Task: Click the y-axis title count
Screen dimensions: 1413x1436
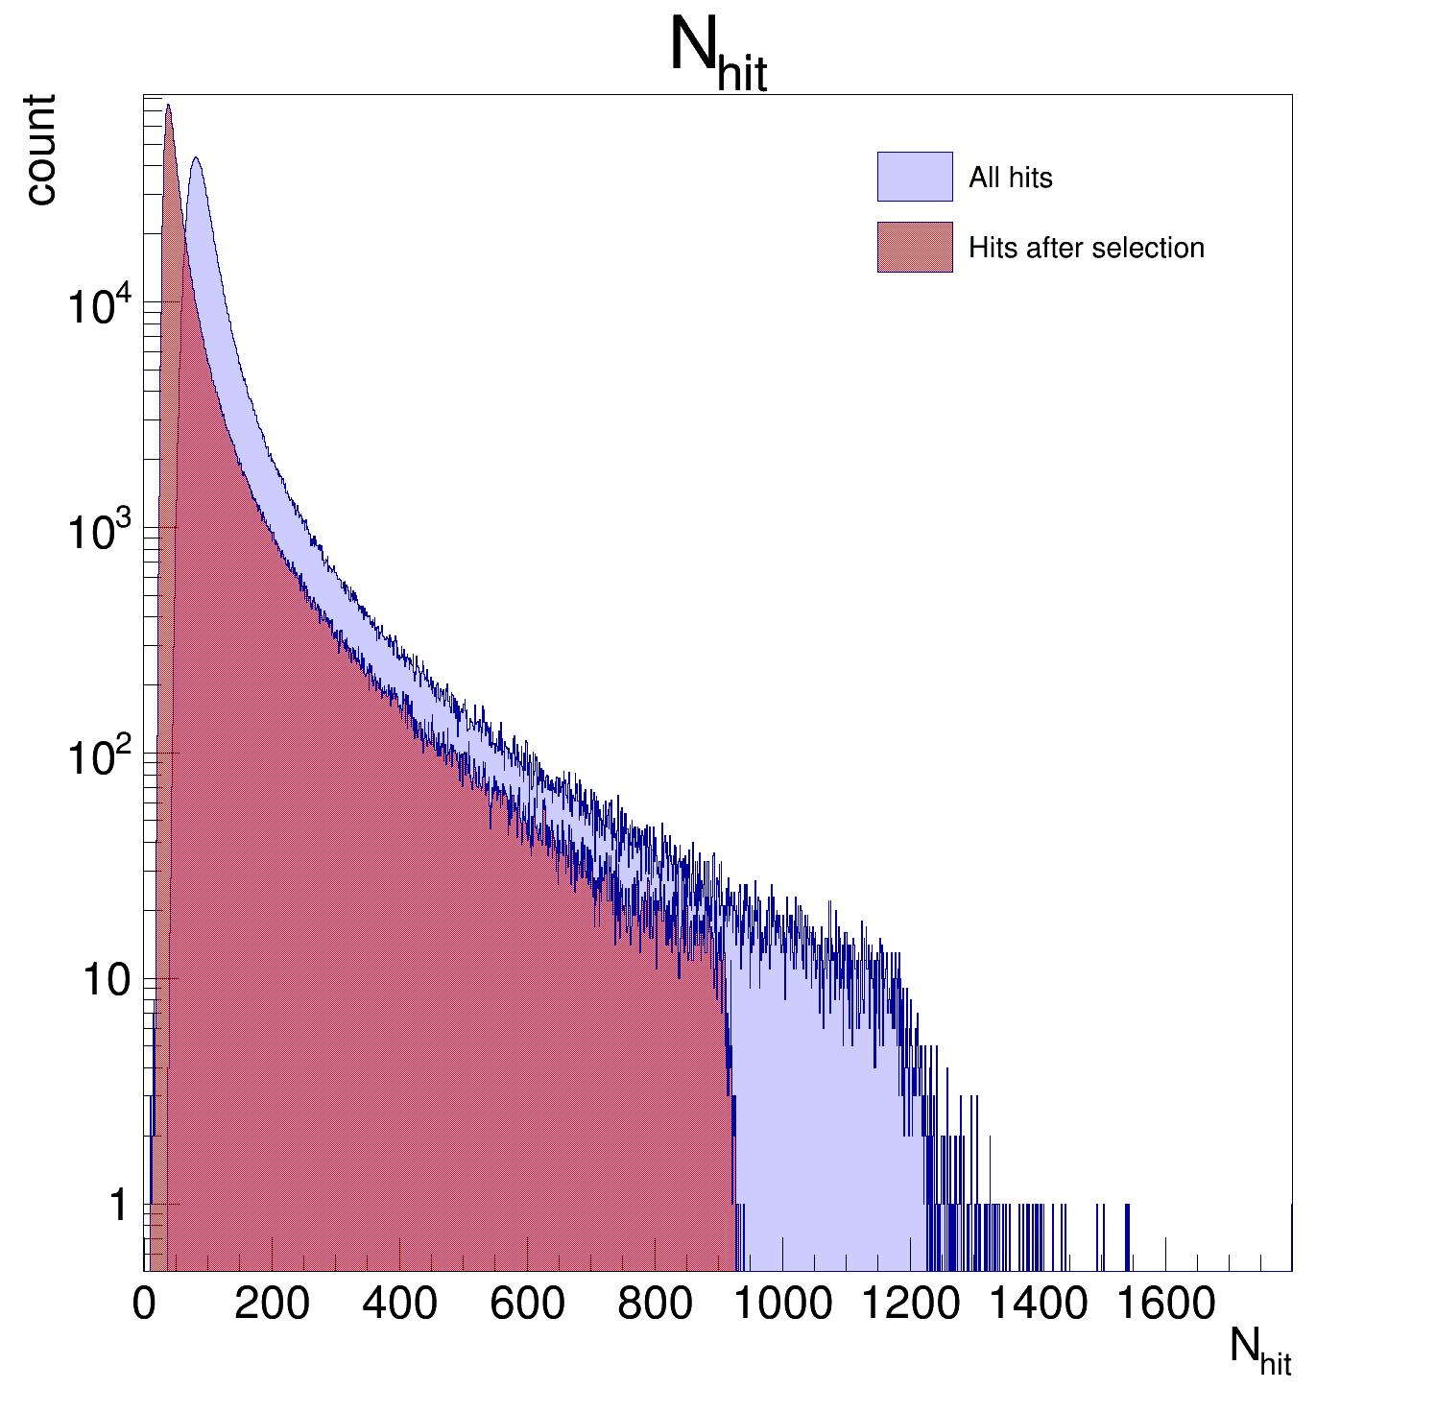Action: (x=40, y=149)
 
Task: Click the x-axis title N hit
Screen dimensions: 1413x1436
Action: (x=1259, y=1352)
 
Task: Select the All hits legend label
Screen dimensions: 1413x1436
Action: (x=1010, y=178)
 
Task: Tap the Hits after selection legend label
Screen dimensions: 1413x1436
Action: (x=1086, y=248)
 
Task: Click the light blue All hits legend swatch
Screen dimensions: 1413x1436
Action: (x=914, y=177)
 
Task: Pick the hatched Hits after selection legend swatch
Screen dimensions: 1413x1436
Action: (x=914, y=248)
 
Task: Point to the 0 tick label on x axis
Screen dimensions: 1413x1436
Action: (x=144, y=1304)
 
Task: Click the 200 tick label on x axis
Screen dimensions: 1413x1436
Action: (x=272, y=1304)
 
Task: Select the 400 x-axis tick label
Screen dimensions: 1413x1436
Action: (x=399, y=1304)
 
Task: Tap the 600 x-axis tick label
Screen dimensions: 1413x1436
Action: (x=527, y=1304)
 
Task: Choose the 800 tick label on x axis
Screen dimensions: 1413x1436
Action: (x=655, y=1304)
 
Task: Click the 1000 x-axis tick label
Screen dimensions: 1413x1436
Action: (x=782, y=1304)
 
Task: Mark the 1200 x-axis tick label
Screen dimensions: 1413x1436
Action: (x=910, y=1304)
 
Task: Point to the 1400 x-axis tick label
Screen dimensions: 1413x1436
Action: (x=1038, y=1304)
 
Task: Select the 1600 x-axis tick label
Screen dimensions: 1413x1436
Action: (x=1165, y=1304)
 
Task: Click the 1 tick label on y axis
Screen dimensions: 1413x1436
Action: (x=118, y=1206)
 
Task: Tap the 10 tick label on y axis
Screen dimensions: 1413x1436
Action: (x=106, y=980)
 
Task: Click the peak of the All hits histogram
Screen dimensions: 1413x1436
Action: (x=196, y=158)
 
